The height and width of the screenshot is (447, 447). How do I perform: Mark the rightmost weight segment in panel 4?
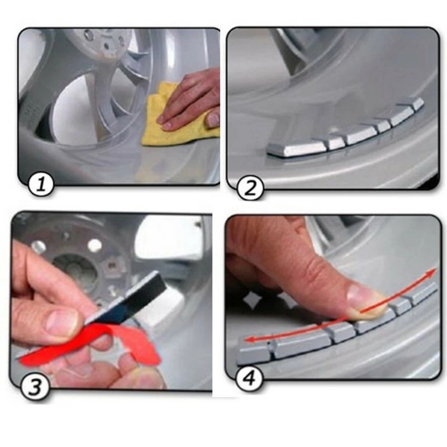(425, 291)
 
